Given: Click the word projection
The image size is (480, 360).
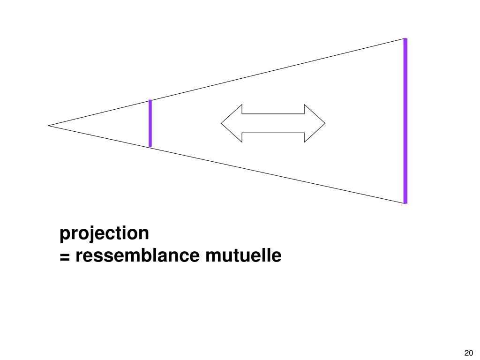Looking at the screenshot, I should pyautogui.click(x=104, y=233).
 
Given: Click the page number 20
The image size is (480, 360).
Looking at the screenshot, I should pyautogui.click(x=469, y=353).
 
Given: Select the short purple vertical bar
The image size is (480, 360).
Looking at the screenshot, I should pyautogui.click(x=150, y=123).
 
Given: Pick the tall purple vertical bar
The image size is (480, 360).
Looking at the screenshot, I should pyautogui.click(x=405, y=121).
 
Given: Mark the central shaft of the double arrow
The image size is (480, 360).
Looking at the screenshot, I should pyautogui.click(x=273, y=123).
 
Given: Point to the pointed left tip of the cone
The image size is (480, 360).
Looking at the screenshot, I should pyautogui.click(x=49, y=125).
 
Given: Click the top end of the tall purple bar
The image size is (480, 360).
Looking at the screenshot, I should pyautogui.click(x=405, y=39).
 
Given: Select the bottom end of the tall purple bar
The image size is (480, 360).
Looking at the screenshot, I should pyautogui.click(x=405, y=202).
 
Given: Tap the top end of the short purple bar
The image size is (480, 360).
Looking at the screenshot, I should pyautogui.click(x=150, y=101).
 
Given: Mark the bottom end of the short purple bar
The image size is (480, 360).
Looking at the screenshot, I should pyautogui.click(x=150, y=145).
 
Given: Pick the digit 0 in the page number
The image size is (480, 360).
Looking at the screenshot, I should pyautogui.click(x=471, y=353).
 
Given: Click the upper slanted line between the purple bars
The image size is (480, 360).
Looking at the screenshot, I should pyautogui.click(x=277, y=69).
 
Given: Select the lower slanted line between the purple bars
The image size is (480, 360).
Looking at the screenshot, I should pyautogui.click(x=277, y=175).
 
